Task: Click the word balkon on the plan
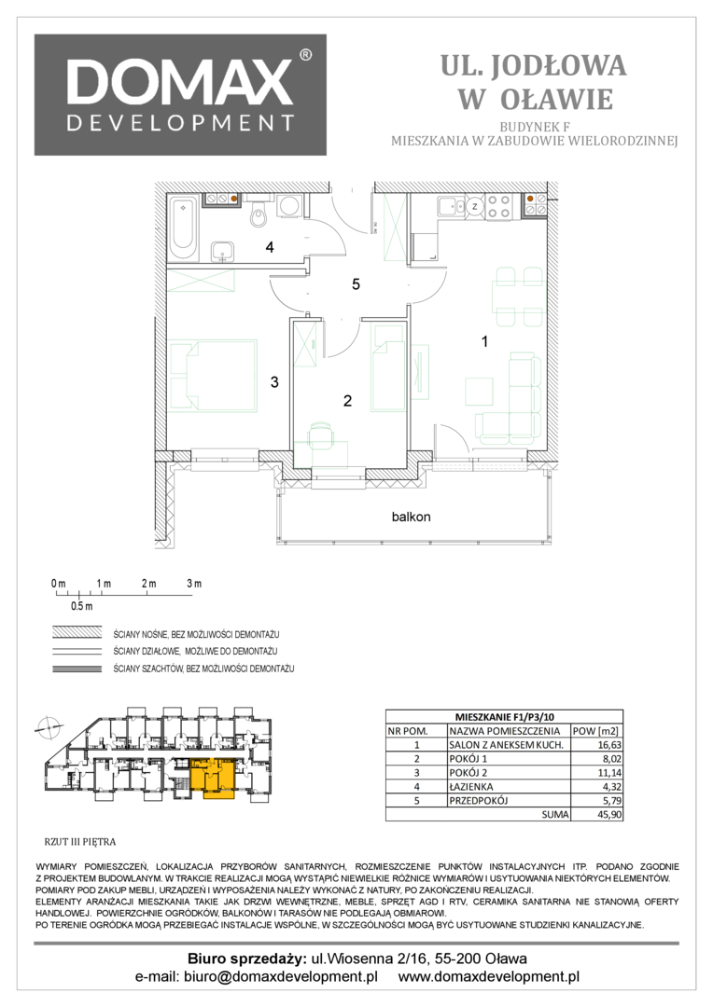point(411,517)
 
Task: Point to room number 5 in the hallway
point(356,283)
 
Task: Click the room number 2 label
point(347,401)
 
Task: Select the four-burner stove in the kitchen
point(499,206)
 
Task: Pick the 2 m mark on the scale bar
point(148,584)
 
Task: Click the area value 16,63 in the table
point(608,745)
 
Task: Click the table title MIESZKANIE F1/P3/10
point(504,717)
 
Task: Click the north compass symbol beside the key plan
point(48,728)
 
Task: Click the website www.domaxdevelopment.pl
point(489,977)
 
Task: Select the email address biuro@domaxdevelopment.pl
point(281,977)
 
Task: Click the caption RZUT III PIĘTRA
point(79,841)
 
